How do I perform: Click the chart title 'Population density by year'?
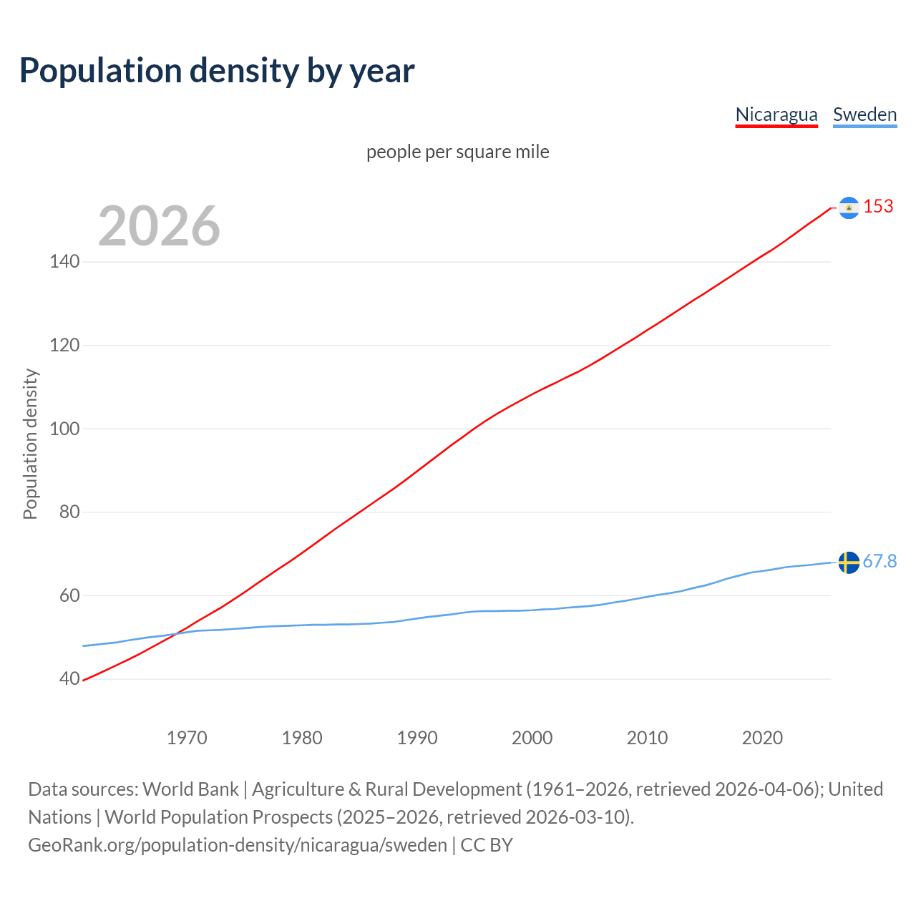tap(217, 71)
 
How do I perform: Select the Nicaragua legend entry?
tap(776, 114)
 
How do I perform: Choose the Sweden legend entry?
tap(864, 114)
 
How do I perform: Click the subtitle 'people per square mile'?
tap(457, 152)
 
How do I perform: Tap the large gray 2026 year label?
tap(159, 226)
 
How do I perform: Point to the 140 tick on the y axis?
tap(64, 262)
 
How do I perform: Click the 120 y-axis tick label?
tap(64, 346)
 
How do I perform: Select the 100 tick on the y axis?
tap(64, 429)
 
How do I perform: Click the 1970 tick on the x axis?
tap(187, 738)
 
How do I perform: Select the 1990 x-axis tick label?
tap(417, 738)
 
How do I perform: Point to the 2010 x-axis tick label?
tap(647, 738)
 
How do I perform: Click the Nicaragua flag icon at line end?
tap(849, 208)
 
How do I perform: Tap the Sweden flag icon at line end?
tap(849, 562)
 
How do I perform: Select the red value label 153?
tap(878, 207)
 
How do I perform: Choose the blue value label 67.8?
tap(880, 562)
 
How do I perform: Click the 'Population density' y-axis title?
tap(30, 444)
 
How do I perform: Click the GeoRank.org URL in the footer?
tap(238, 845)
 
